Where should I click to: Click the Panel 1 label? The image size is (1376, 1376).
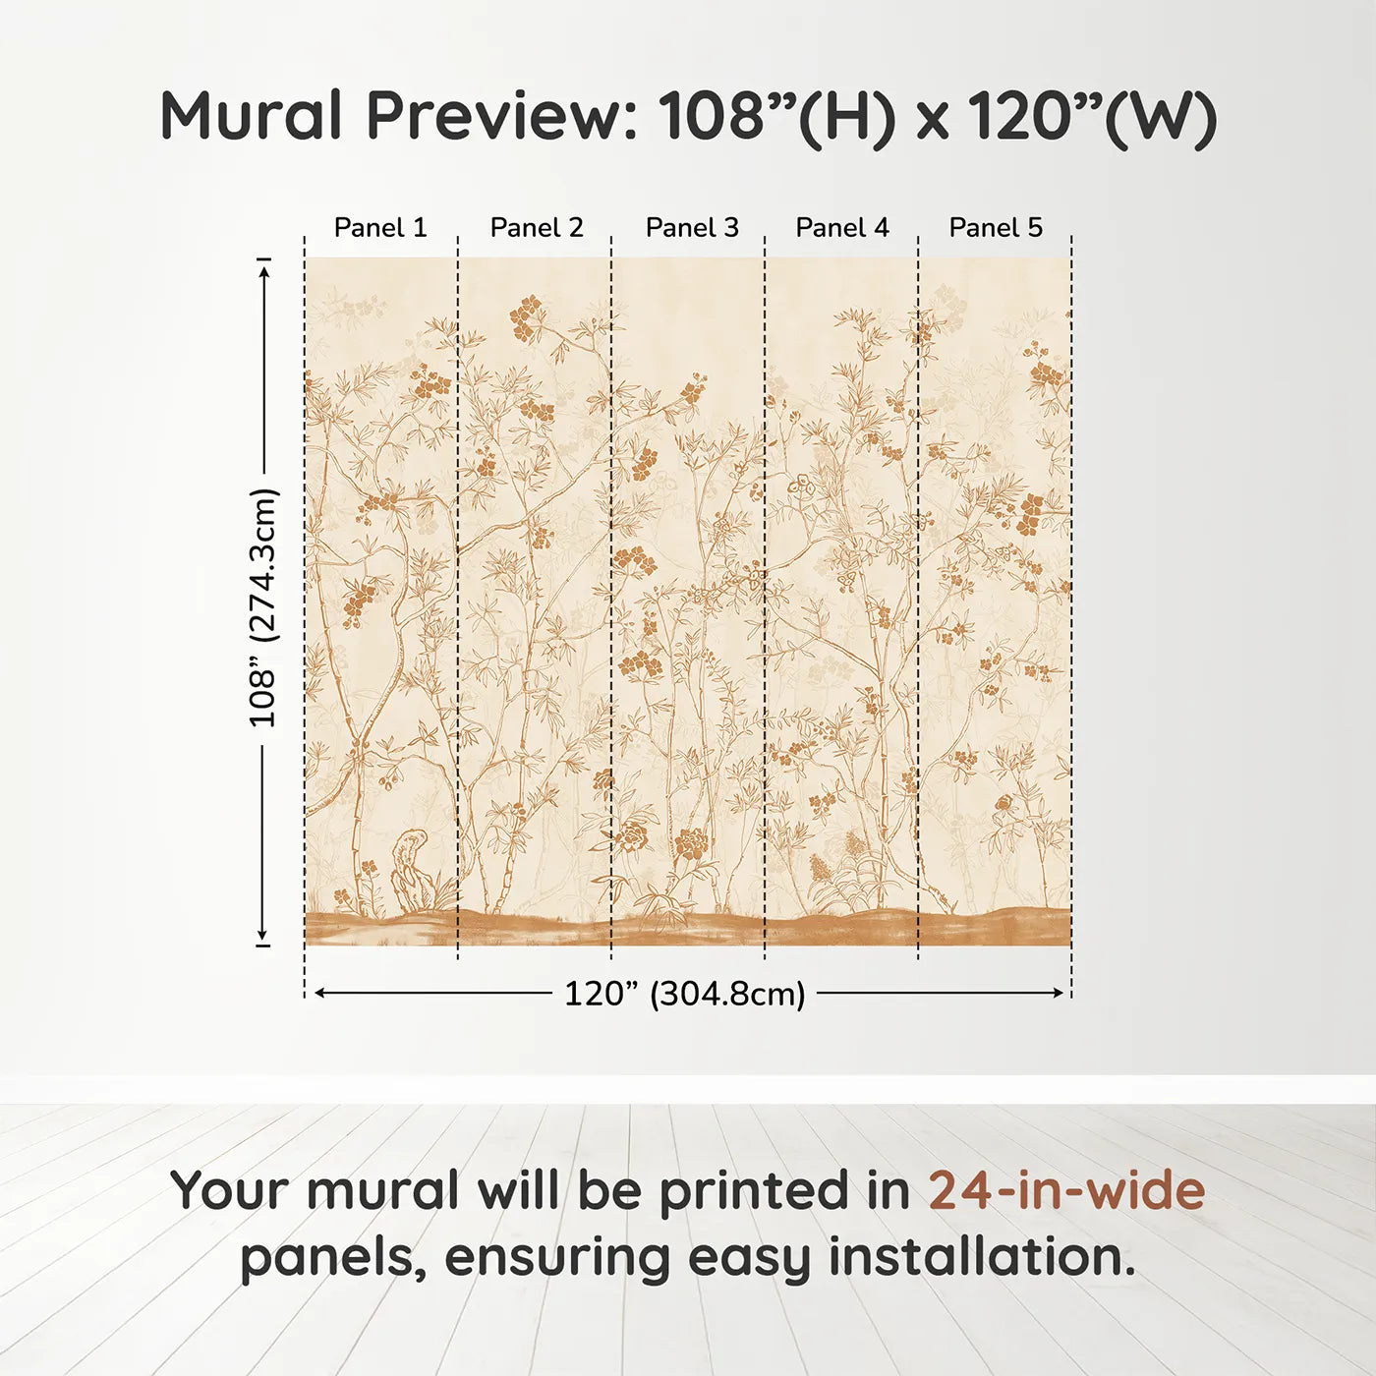click(x=380, y=228)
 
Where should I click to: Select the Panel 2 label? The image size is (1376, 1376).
click(x=537, y=228)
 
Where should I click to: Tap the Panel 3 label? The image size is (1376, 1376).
click(x=692, y=228)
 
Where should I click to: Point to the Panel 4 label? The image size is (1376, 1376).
click(x=842, y=228)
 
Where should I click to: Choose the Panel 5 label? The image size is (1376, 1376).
click(x=996, y=228)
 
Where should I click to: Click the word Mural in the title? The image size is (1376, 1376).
click(x=252, y=116)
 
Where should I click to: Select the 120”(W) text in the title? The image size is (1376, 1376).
click(x=1092, y=116)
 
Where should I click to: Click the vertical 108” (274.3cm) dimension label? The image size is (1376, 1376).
click(x=263, y=607)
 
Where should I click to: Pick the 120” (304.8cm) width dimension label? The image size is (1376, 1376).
click(x=684, y=994)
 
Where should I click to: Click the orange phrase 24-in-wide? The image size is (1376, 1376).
click(x=1066, y=1190)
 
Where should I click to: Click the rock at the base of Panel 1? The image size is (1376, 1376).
click(x=411, y=870)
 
